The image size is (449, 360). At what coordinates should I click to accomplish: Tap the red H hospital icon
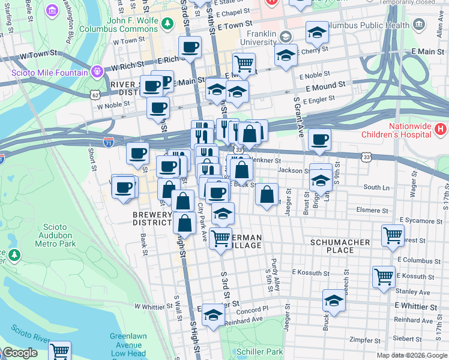click(441, 128)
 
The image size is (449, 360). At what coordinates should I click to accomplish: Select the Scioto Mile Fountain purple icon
click(98, 72)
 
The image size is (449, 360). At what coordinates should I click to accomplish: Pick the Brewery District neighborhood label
click(152, 218)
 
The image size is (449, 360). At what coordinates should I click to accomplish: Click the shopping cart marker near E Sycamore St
click(393, 235)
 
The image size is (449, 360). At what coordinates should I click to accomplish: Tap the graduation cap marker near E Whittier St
click(334, 301)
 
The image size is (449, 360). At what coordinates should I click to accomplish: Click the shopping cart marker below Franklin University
click(244, 63)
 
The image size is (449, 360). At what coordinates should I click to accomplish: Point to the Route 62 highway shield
click(95, 94)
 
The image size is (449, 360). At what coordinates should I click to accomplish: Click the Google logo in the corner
click(20, 353)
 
